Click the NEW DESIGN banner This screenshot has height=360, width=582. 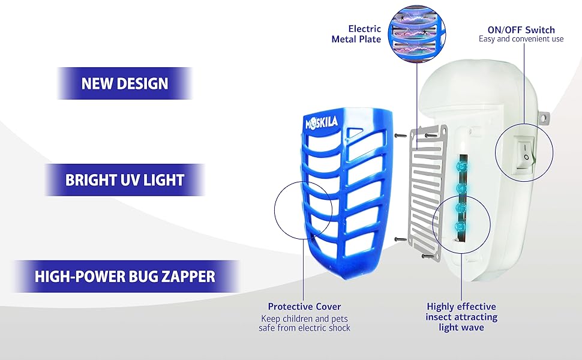125,83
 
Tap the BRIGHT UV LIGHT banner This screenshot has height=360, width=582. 125,179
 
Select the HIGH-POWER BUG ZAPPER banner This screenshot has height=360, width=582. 125,277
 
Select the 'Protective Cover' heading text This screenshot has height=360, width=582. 304,307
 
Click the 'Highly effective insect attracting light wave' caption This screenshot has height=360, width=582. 461,317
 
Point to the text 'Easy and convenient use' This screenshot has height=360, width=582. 521,40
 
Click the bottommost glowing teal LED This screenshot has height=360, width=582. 461,227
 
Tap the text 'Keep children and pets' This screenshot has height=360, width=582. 304,318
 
